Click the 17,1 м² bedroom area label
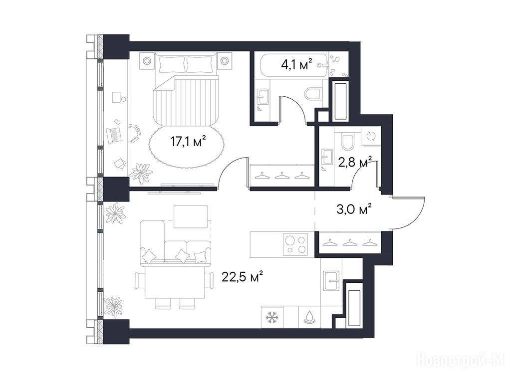188,142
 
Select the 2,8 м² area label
355,162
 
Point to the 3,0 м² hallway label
354,209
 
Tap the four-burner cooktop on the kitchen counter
295,244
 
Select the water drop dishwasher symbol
308,318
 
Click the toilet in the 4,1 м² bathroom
313,94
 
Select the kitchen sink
332,280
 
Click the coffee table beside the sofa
191,216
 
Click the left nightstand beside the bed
147,60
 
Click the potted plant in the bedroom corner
141,173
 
